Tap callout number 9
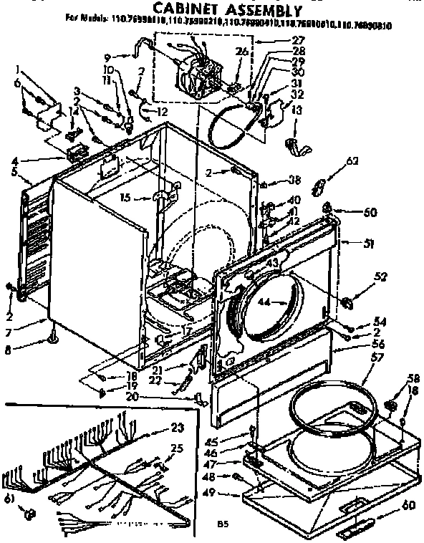(107, 57)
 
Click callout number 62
(351, 161)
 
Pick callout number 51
(369, 244)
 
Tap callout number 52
(380, 277)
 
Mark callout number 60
(408, 506)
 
